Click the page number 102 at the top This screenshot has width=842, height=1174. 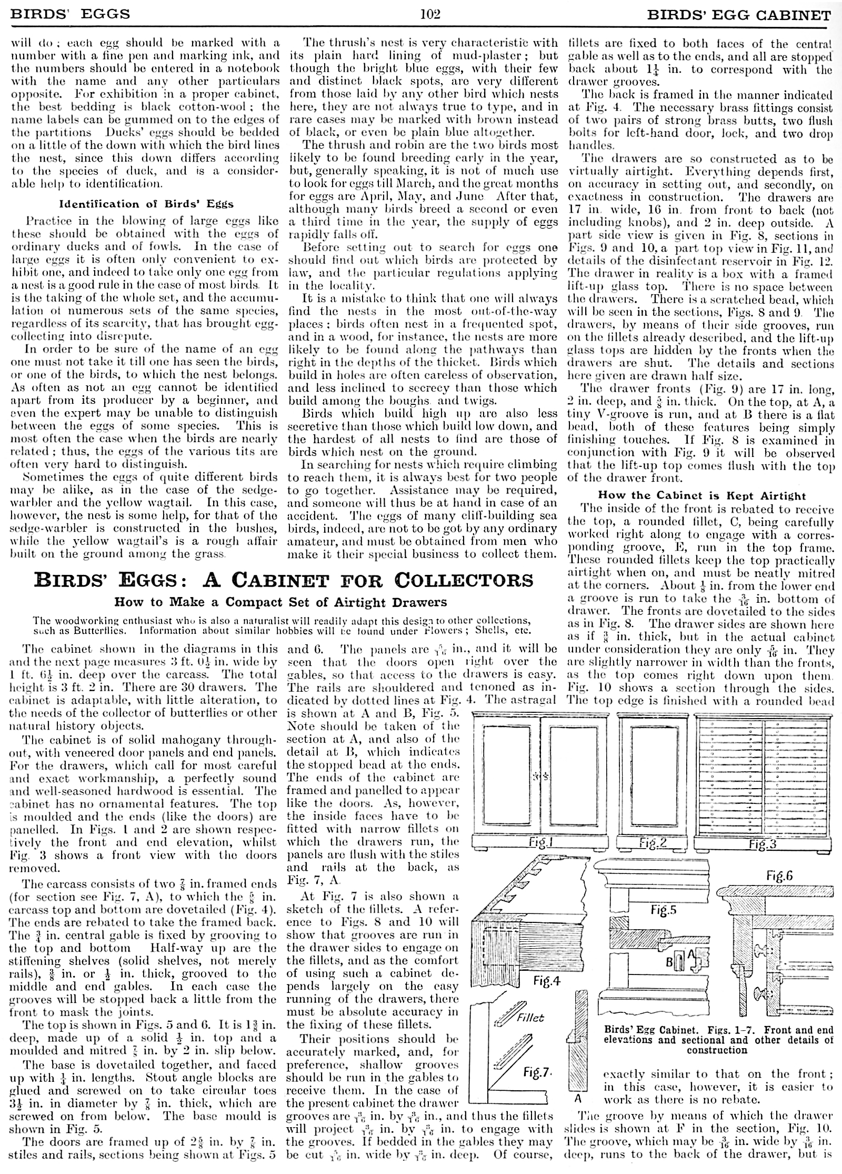[x=430, y=14]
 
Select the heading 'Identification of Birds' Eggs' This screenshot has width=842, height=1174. [x=146, y=204]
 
